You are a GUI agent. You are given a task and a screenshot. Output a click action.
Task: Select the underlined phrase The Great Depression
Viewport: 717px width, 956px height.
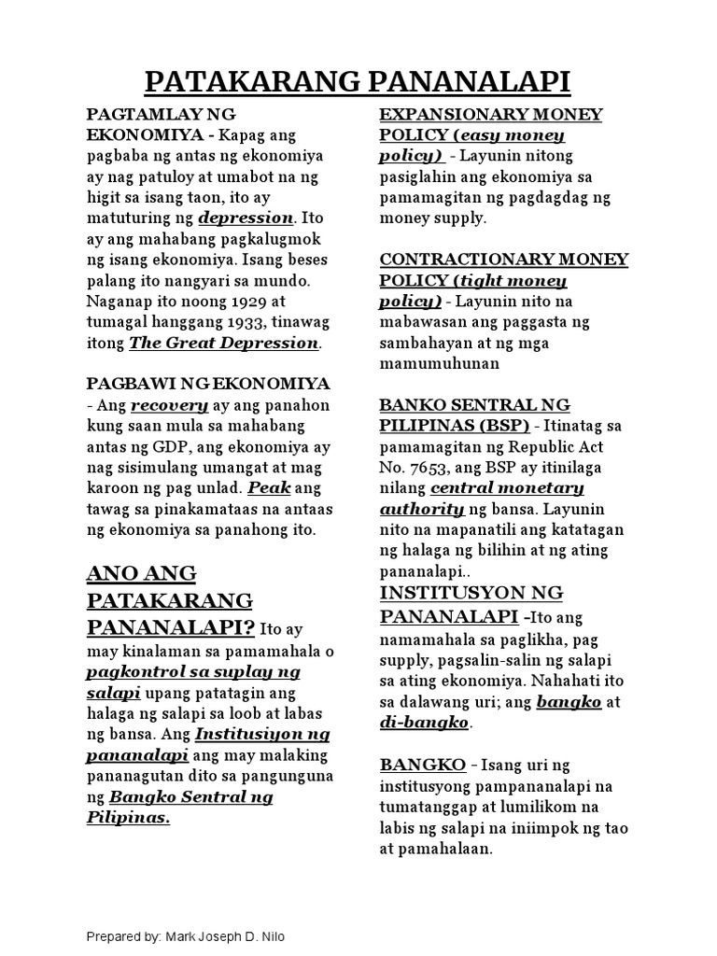[224, 343]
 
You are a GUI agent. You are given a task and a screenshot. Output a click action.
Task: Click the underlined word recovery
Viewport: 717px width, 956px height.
[169, 406]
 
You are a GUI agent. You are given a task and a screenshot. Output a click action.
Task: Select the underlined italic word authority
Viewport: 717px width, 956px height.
[422, 509]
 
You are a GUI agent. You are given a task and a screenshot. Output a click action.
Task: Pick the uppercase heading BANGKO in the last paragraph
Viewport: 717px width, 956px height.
[422, 766]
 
